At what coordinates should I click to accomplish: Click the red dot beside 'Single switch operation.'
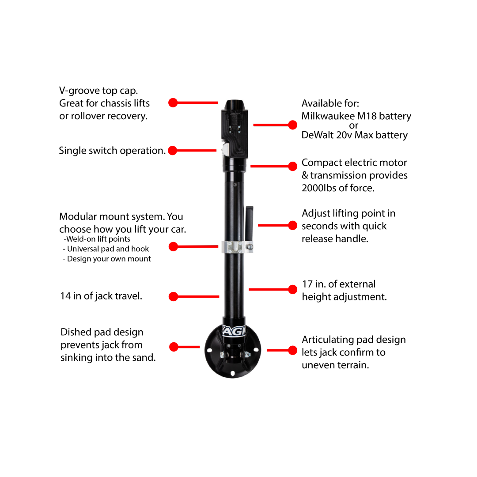pyautogui.click(x=173, y=151)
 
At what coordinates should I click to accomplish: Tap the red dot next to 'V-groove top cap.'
pyautogui.click(x=173, y=103)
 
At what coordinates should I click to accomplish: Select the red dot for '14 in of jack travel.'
pyautogui.click(x=173, y=297)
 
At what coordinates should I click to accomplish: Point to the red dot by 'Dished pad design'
pyautogui.click(x=174, y=347)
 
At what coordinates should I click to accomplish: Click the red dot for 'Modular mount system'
pyautogui.click(x=173, y=246)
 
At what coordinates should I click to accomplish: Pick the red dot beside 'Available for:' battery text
pyautogui.click(x=292, y=125)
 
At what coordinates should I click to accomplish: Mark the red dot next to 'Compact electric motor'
pyautogui.click(x=292, y=167)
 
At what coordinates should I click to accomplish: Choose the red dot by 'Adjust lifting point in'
pyautogui.click(x=292, y=225)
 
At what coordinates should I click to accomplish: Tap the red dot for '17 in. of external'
pyautogui.click(x=292, y=289)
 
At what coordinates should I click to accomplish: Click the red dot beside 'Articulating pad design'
pyautogui.click(x=292, y=350)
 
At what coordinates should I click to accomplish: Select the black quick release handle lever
pyautogui.click(x=250, y=219)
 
